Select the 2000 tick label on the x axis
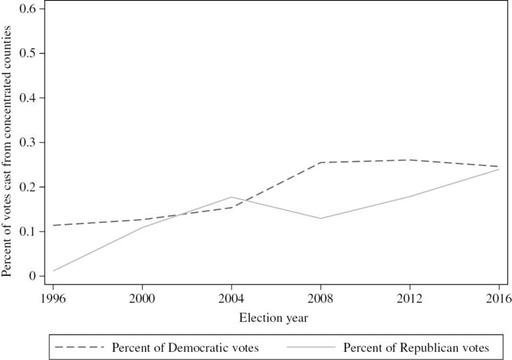142,297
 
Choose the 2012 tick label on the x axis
410,297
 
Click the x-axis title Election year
273,318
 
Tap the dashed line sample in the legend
79,347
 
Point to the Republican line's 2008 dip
321,219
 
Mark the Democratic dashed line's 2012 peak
410,160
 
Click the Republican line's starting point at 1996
53,271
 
